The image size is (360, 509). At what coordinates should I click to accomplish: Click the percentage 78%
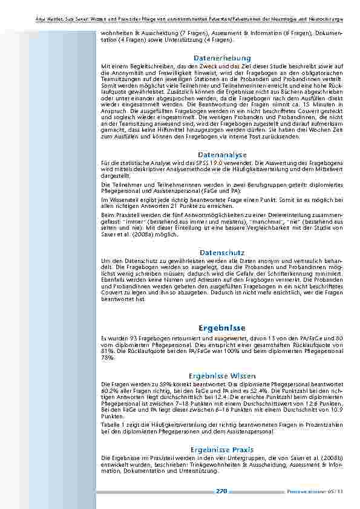pos(106,358)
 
